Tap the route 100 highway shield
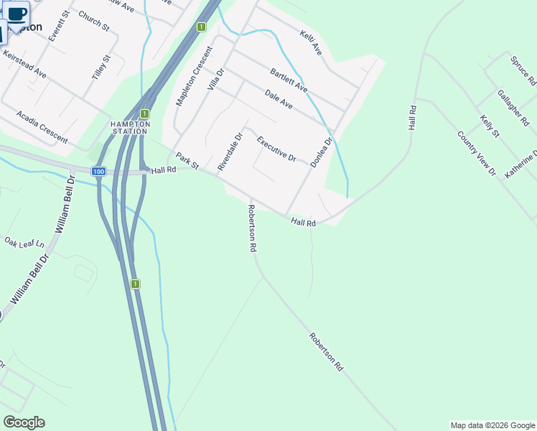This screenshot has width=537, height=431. click(99, 171)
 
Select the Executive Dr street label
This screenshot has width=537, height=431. click(276, 149)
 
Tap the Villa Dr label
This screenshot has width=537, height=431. click(215, 78)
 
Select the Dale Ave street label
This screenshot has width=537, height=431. click(279, 99)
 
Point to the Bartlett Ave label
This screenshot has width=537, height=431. click(289, 80)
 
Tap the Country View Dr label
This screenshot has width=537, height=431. click(477, 153)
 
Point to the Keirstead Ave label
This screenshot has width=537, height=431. click(24, 64)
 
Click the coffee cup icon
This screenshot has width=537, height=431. click(17, 13)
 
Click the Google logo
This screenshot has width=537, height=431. click(24, 422)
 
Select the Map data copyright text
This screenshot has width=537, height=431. click(492, 425)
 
